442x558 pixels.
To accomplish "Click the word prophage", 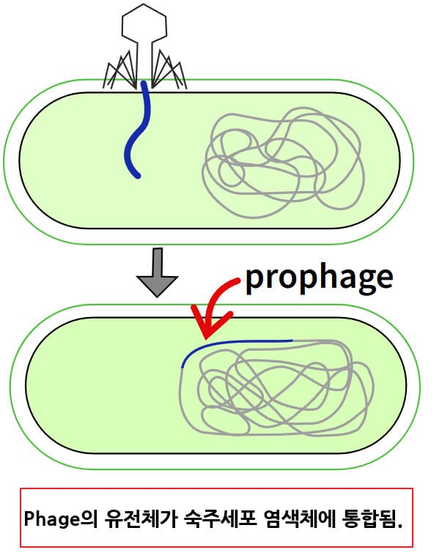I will pyautogui.click(x=319, y=278).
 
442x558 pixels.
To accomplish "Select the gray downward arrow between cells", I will pyautogui.click(x=158, y=272).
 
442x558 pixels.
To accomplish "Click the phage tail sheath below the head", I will pyautogui.click(x=145, y=60).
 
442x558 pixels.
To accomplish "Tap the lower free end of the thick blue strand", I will pyautogui.click(x=136, y=176).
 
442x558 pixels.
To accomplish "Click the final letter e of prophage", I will pyautogui.click(x=383, y=278).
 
